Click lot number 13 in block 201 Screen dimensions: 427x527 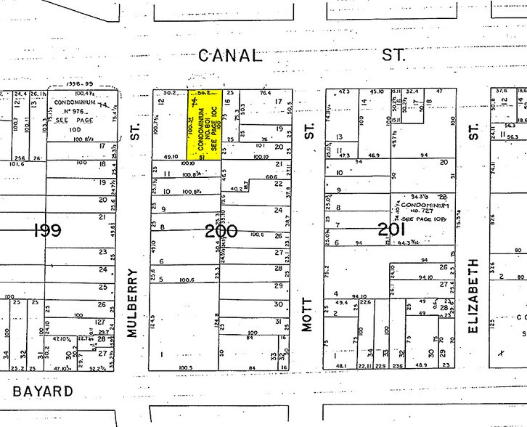(338, 137)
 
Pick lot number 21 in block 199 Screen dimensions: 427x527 (103, 216)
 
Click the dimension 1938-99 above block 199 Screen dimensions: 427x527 (76, 85)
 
